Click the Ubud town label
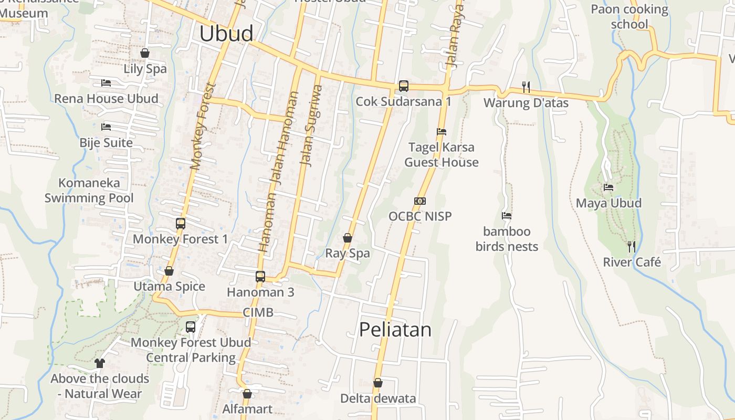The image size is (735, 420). point(226,34)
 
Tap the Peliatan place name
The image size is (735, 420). point(395,330)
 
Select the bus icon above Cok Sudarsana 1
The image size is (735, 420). point(403,86)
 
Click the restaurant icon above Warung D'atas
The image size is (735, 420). point(526,87)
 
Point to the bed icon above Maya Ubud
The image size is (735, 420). point(608,187)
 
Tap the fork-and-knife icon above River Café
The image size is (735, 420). point(632,246)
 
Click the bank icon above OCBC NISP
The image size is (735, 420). point(420,201)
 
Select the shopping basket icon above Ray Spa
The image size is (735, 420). point(347,238)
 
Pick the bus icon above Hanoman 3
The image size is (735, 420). point(260,277)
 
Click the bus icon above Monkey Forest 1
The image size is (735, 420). point(181,224)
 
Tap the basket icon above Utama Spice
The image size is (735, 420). point(169,271)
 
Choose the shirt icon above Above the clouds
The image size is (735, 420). point(99,363)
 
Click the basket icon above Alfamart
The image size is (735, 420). point(247,394)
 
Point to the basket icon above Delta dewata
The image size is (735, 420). point(377,383)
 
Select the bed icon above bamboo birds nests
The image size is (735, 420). point(507,216)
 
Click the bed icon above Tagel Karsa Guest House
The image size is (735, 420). point(442,132)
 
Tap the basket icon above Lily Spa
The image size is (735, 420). point(145,53)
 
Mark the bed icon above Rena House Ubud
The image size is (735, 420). point(106,83)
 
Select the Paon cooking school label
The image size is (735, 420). point(629,17)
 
